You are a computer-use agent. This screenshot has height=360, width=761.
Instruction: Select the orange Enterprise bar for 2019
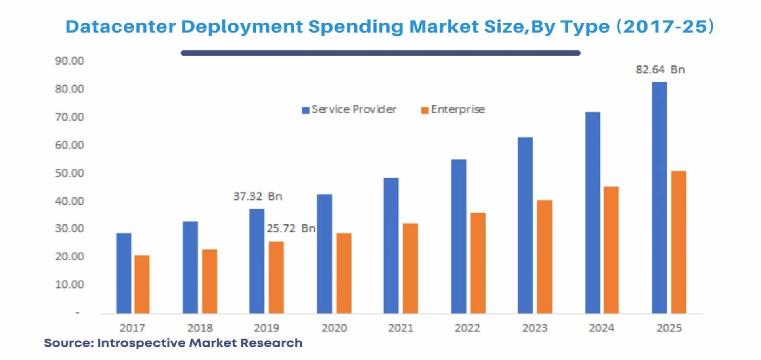pos(276,277)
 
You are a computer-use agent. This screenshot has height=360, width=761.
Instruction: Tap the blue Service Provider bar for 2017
pos(124,273)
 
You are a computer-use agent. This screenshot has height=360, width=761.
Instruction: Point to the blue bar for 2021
pos(391,245)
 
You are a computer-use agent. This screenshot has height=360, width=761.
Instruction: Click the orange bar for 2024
pos(611,250)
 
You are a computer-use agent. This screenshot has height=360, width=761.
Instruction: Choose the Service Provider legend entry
pos(349,109)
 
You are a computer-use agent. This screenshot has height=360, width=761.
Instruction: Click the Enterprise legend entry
pos(453,109)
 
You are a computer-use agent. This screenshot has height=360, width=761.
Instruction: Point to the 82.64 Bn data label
pos(660,69)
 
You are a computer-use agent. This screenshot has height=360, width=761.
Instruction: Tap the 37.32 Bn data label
pos(258,196)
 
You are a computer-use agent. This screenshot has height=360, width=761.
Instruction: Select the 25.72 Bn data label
pos(291,228)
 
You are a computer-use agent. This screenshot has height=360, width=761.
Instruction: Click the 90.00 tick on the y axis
pos(70,61)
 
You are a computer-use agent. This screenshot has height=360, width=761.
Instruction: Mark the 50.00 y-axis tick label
pos(70,173)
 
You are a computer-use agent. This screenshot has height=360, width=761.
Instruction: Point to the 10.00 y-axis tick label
pos(70,285)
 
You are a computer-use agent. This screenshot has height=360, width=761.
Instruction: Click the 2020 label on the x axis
pos(334,328)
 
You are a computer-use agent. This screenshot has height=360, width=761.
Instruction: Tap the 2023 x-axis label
pos(535,328)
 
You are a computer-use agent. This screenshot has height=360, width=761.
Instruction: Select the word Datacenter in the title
pos(120,27)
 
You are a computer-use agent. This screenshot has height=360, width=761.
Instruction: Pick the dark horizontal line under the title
pos(380,53)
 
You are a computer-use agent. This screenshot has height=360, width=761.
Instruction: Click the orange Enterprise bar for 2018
pos(210,281)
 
